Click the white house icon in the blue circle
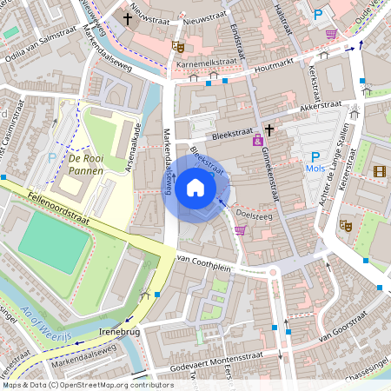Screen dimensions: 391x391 point(195,187)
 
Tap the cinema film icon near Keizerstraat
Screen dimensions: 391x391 point(379,170)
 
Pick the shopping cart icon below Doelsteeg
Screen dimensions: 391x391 point(240,230)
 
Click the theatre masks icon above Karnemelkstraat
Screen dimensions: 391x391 point(178,47)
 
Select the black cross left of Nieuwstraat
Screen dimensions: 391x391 point(128,17)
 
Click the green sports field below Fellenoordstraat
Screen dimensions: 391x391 point(54,242)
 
